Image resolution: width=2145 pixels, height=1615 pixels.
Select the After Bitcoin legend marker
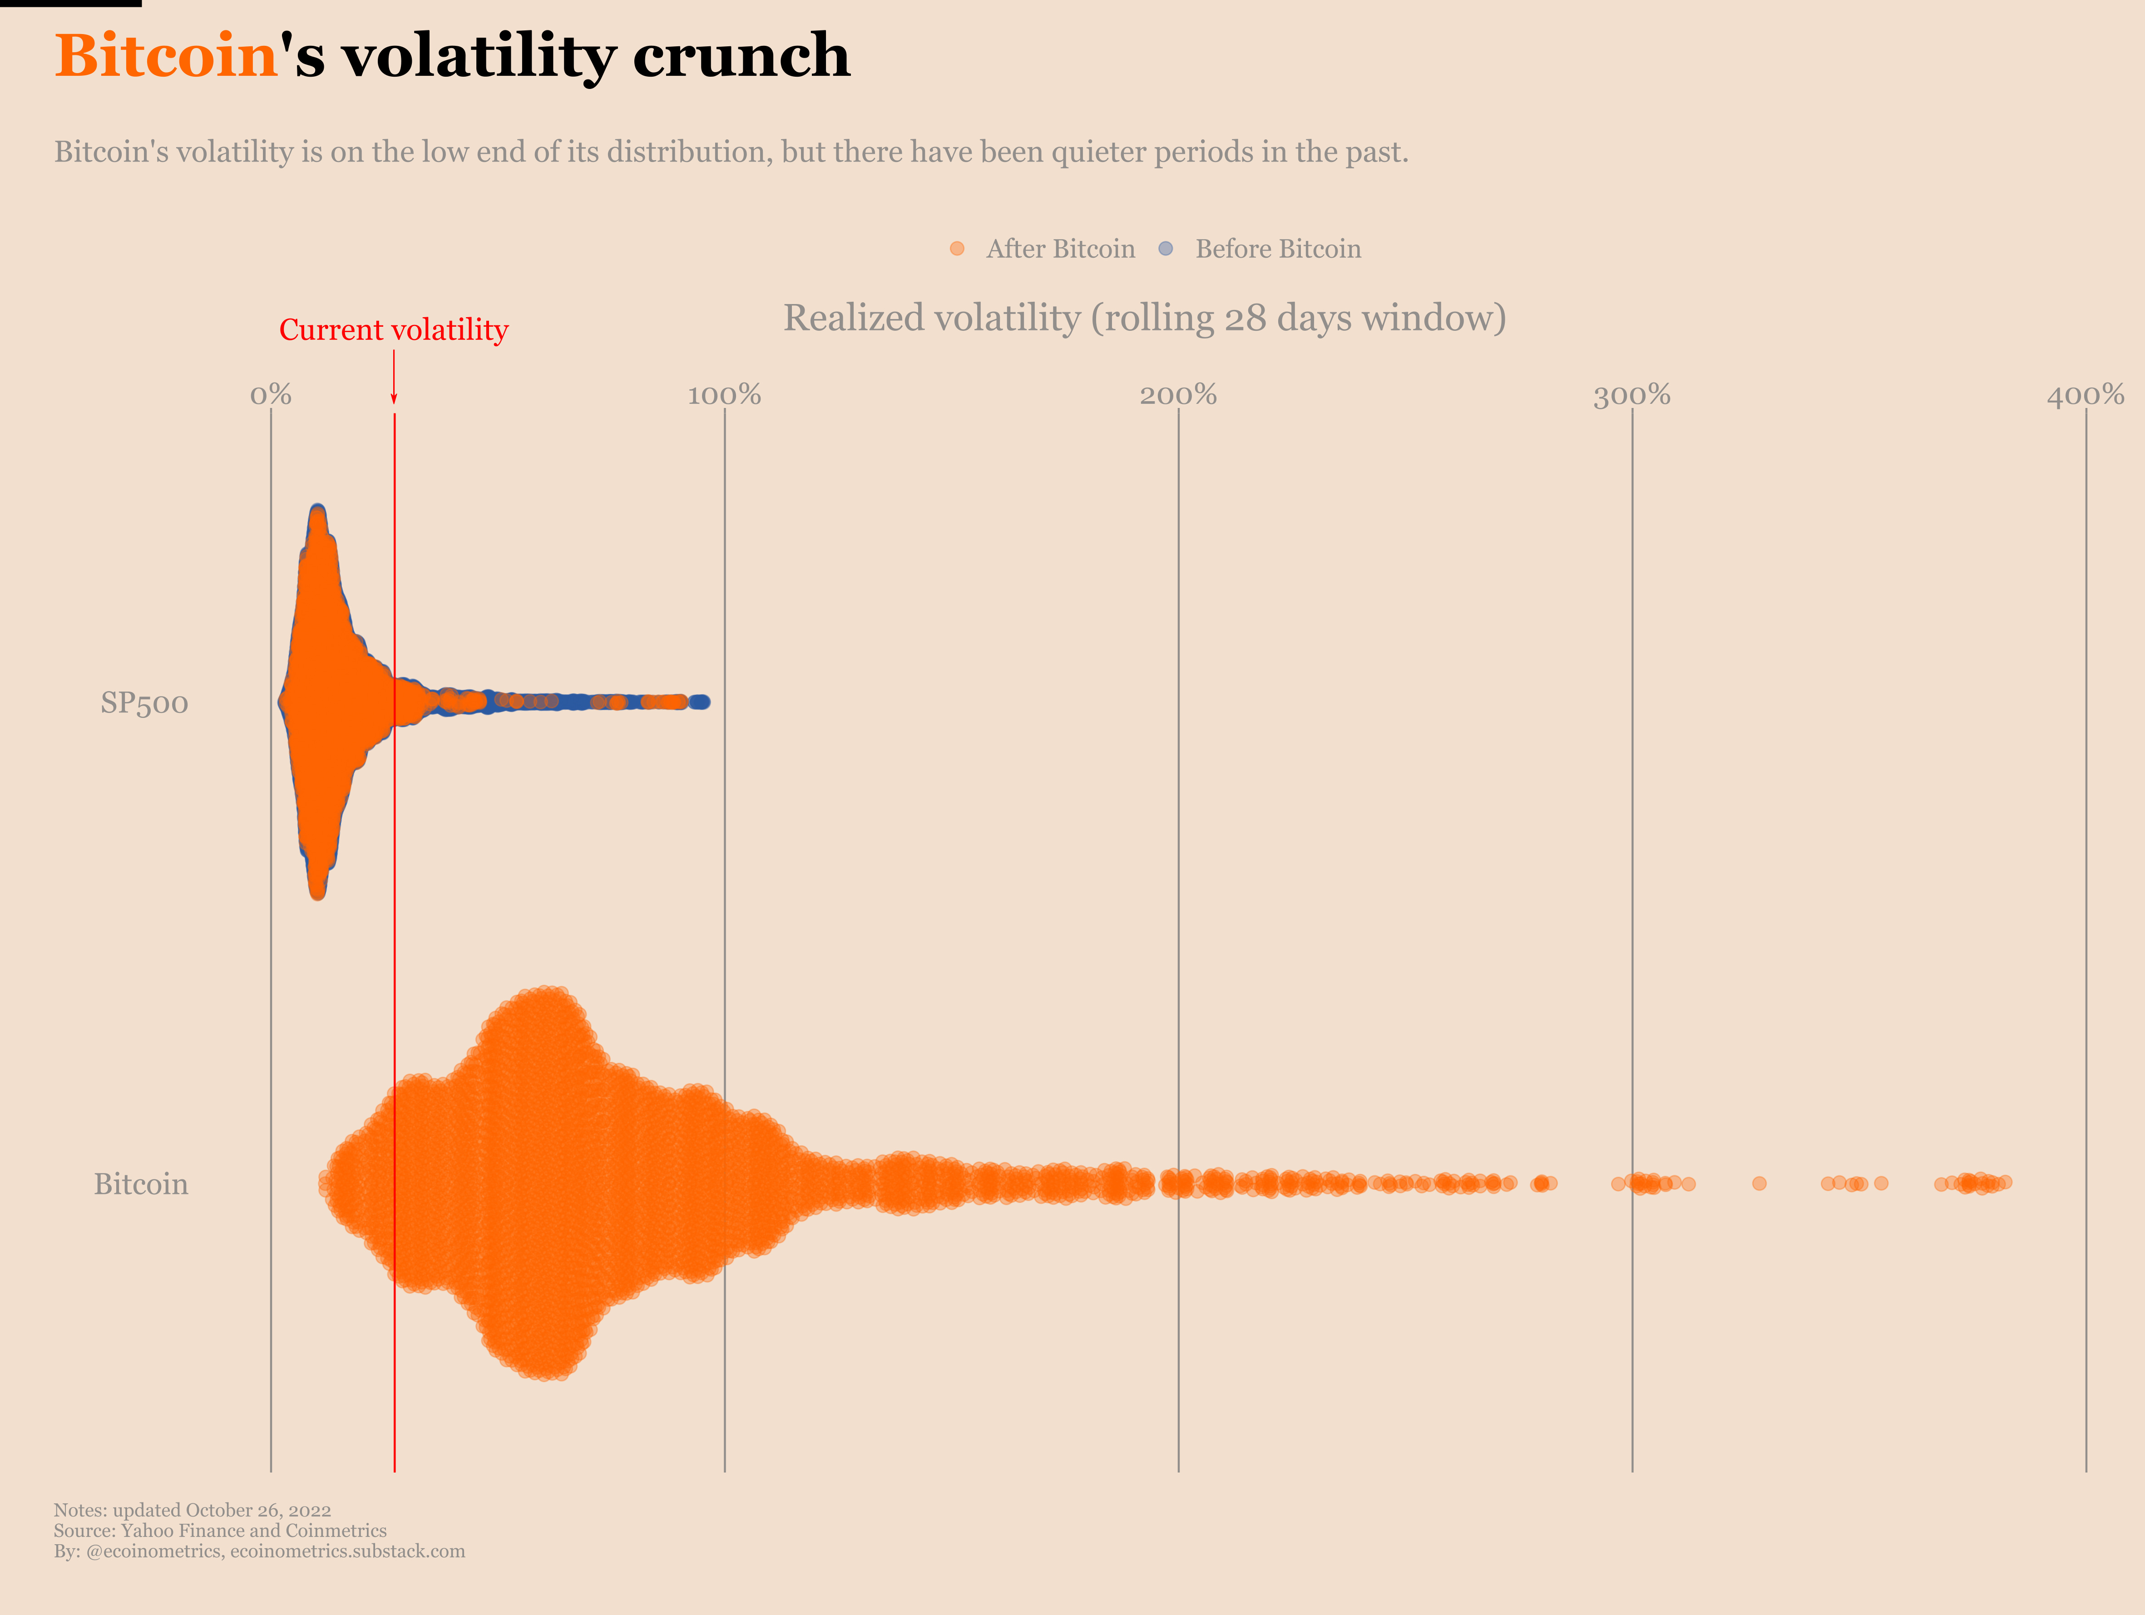pyautogui.click(x=957, y=249)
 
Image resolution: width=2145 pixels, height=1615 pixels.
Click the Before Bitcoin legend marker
pyautogui.click(x=1166, y=249)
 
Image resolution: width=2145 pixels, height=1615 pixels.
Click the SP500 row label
pyautogui.click(x=144, y=703)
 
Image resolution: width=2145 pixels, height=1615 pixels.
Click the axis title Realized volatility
pyautogui.click(x=1144, y=318)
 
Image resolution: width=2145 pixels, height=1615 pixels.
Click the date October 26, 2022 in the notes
pyautogui.click(x=258, y=1510)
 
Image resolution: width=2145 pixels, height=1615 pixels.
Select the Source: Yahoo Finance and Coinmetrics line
pyautogui.click(x=220, y=1531)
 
